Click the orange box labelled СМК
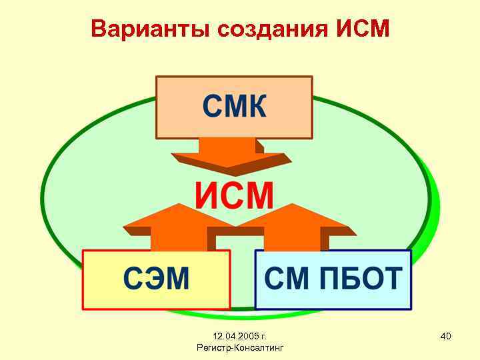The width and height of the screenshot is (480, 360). [234, 107]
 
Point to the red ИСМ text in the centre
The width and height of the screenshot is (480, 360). [234, 195]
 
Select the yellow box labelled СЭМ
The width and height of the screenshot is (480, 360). [156, 279]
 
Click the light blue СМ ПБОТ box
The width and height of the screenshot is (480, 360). [333, 279]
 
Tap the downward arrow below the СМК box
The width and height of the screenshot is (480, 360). [228, 155]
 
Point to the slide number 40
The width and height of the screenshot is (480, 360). [446, 336]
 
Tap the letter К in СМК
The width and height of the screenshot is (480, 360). [255, 107]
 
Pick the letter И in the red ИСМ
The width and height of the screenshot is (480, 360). [206, 195]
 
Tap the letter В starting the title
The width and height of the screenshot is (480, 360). [99, 29]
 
